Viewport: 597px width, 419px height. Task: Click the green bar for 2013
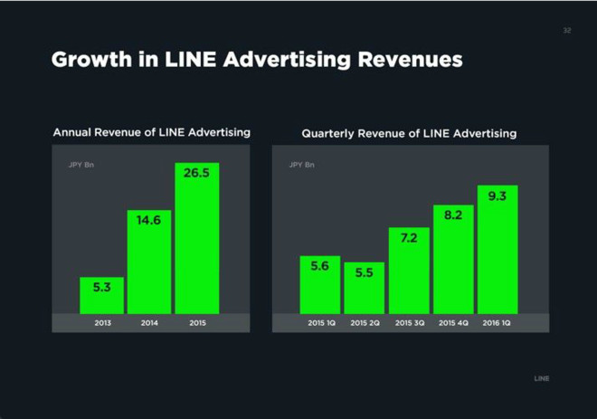coord(102,295)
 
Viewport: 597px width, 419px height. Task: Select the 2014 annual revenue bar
coord(149,262)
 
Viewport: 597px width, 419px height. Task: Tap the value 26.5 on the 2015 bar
coord(196,172)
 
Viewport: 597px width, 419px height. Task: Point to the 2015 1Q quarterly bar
coord(319,285)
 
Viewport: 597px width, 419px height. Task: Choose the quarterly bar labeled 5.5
coord(364,288)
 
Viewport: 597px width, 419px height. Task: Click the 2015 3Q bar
coord(408,271)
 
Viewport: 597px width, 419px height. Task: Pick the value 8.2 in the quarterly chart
coord(453,215)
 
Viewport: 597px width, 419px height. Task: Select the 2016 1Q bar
coord(497,250)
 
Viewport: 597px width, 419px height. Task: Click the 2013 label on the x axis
coord(102,323)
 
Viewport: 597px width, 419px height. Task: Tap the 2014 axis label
coord(149,323)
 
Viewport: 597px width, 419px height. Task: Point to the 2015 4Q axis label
coord(453,323)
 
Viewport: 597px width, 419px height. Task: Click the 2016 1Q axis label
coord(497,323)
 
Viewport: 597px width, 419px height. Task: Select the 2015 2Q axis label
coord(364,323)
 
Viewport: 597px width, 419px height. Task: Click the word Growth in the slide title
coord(90,61)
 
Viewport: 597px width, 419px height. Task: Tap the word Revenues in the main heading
coord(411,61)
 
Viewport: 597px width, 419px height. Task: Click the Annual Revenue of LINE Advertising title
coord(151,132)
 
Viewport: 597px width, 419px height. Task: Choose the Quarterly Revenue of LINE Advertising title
coord(409,133)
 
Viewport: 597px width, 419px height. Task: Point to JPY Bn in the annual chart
coord(82,165)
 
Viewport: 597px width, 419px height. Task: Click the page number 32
coord(567,31)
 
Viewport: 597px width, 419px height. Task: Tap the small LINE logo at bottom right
coord(541,378)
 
